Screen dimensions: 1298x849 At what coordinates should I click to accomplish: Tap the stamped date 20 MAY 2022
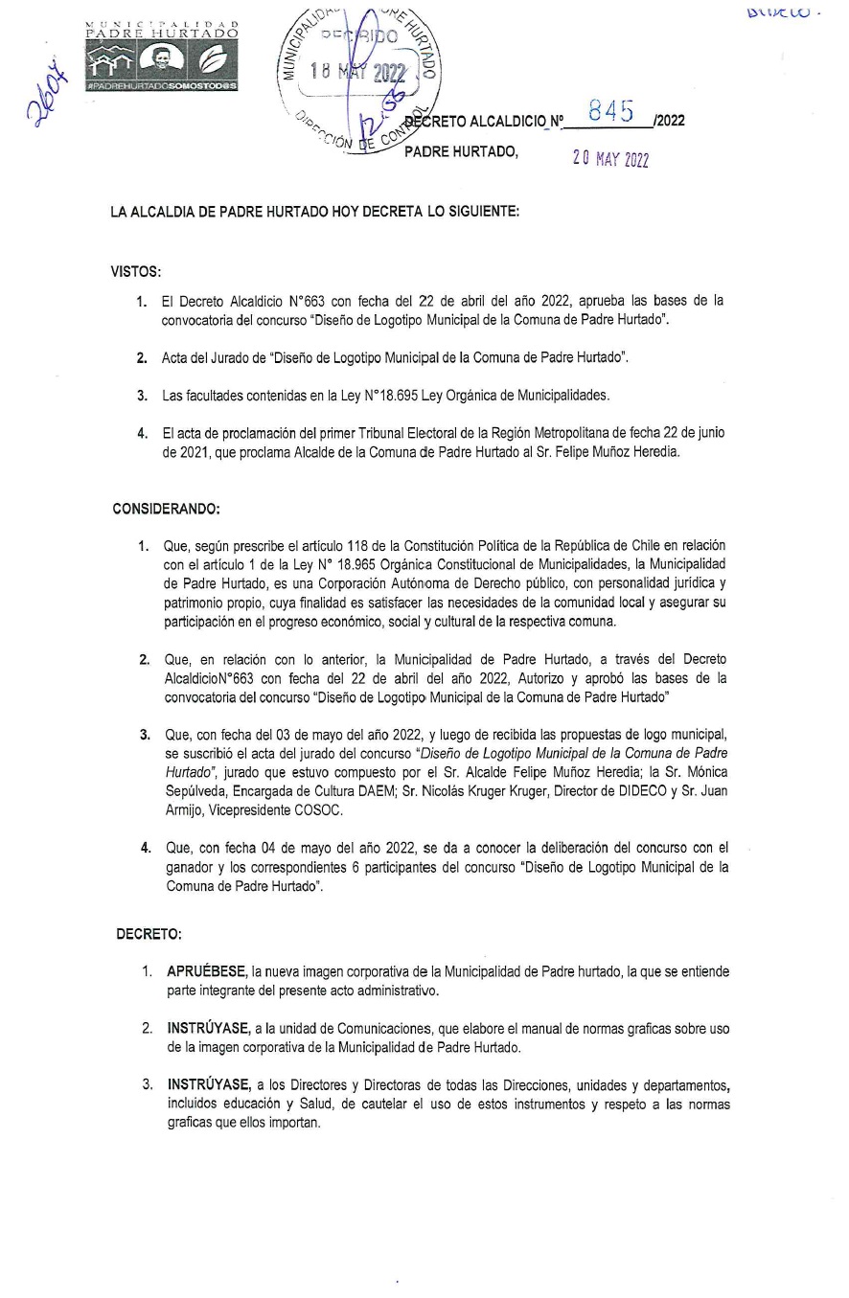click(x=610, y=159)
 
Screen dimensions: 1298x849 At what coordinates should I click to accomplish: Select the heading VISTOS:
click(x=136, y=272)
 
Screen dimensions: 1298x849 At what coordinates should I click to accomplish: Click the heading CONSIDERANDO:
click(x=166, y=508)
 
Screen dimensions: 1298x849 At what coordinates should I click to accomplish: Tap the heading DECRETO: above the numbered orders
click(x=149, y=933)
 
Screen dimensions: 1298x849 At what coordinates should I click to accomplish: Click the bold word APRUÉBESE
click(x=207, y=971)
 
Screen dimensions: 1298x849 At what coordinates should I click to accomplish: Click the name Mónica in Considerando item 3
click(x=704, y=771)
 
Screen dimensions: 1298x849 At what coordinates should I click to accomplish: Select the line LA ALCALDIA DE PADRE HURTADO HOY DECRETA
click(x=315, y=213)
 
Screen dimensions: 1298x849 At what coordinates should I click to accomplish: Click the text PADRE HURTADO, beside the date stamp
click(x=461, y=151)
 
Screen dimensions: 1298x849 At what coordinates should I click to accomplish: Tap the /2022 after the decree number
click(x=668, y=122)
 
